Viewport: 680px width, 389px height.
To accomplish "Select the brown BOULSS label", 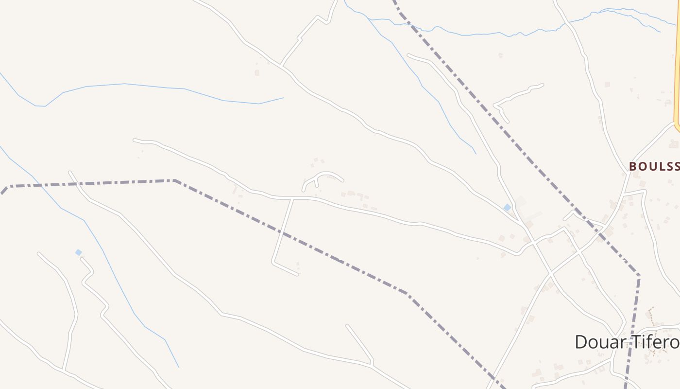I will (x=654, y=166).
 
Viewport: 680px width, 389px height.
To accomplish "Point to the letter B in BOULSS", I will (x=632, y=166).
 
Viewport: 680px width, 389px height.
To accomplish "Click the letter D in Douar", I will (x=580, y=342).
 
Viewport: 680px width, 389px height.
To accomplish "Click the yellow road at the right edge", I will (x=677, y=73).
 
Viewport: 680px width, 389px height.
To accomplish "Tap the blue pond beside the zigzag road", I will (x=78, y=252).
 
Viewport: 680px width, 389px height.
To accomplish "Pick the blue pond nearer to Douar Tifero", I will (x=507, y=208).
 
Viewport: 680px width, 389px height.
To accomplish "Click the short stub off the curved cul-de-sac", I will (x=317, y=183).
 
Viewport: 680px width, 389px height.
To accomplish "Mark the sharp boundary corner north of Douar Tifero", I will (x=639, y=276).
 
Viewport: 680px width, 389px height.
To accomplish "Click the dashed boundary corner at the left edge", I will (x=7, y=186).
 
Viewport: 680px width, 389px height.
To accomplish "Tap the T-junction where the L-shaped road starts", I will (x=293, y=198).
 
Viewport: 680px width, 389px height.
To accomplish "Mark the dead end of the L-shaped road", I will (x=297, y=275).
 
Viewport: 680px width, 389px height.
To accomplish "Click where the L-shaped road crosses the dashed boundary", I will (x=282, y=235).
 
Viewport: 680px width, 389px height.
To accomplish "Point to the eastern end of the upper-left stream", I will (x=283, y=98).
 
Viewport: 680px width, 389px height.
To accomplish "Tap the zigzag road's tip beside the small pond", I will (x=82, y=259).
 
